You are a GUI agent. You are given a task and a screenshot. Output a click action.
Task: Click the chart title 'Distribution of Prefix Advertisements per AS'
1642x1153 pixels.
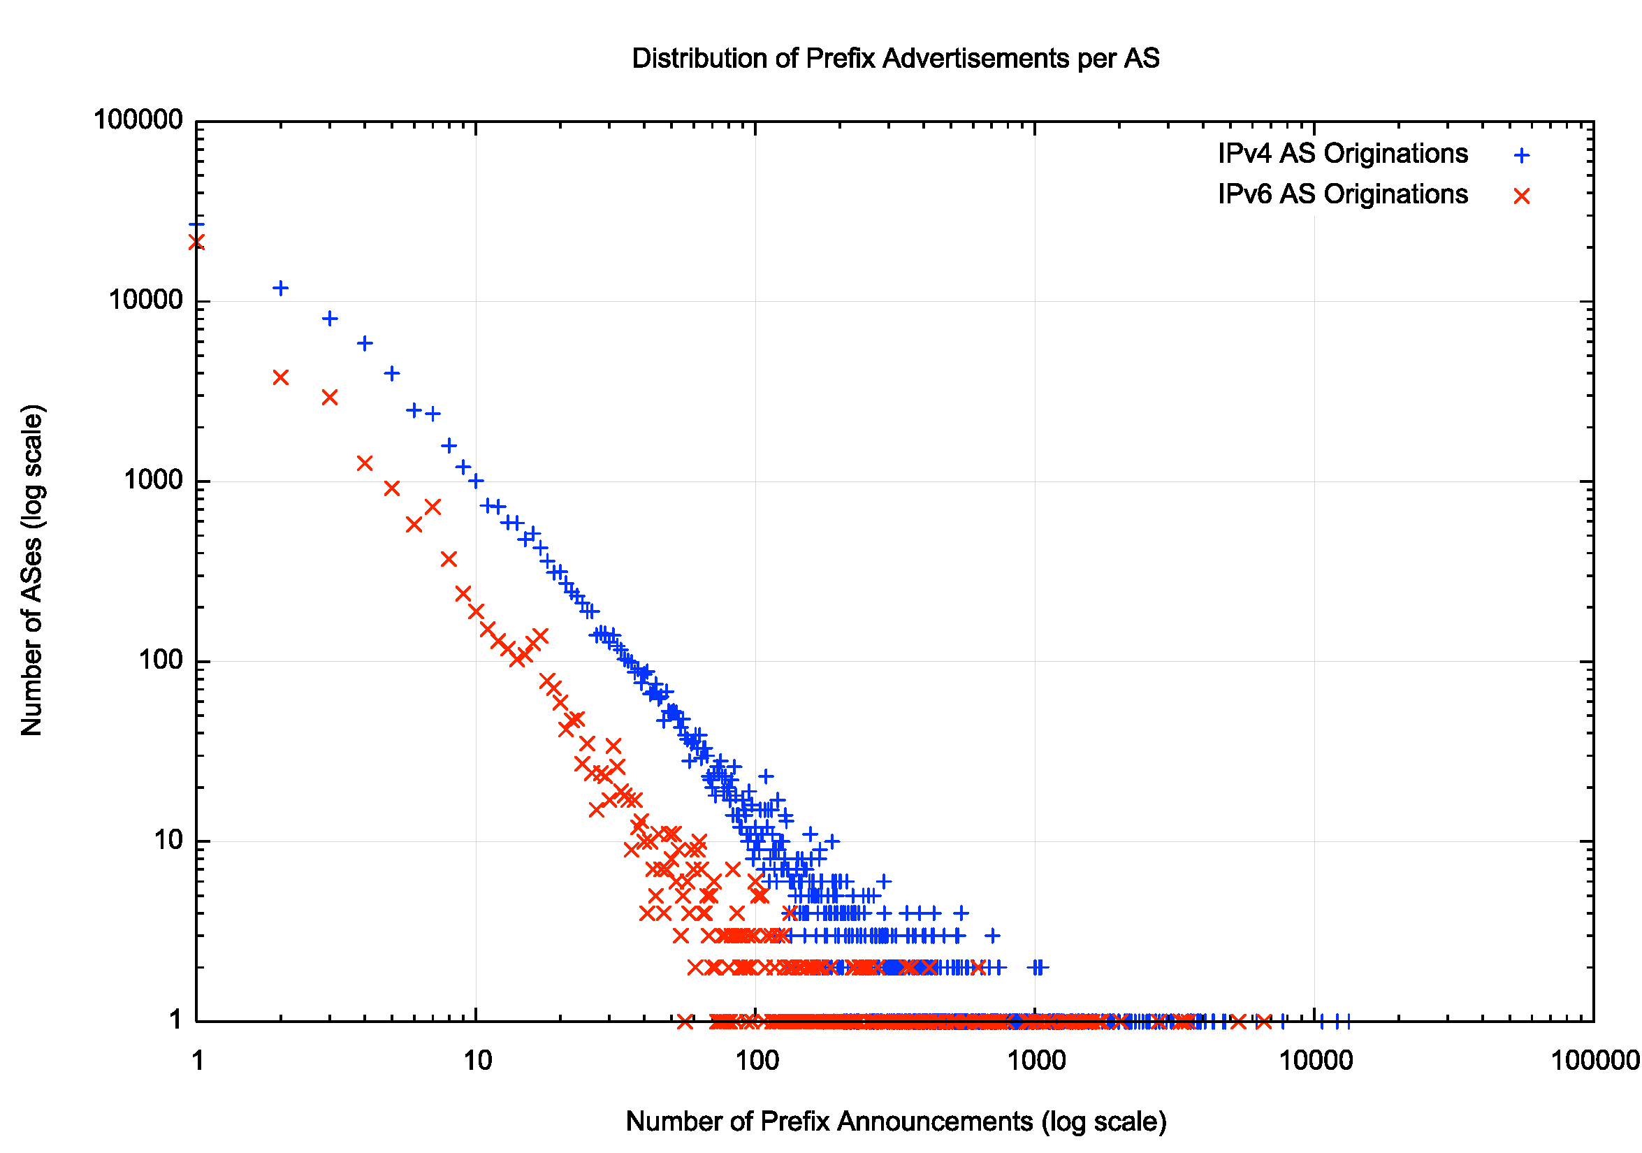[x=894, y=59]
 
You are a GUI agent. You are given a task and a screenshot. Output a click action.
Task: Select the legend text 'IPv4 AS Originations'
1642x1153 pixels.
[x=1342, y=154]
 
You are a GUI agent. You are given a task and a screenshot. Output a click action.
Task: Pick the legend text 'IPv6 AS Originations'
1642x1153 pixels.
[x=1342, y=194]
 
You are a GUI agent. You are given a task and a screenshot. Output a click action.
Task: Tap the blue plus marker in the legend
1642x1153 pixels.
[x=1521, y=155]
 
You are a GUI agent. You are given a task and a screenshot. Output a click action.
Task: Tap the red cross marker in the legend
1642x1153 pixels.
[x=1521, y=196]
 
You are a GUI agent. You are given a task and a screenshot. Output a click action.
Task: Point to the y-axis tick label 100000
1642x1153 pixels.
[x=139, y=120]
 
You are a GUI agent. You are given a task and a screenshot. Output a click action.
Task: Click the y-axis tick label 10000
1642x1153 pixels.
[x=146, y=300]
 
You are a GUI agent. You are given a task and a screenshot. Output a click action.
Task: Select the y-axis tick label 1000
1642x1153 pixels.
[x=154, y=480]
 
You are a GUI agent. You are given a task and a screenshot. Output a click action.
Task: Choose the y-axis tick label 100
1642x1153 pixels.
[x=161, y=660]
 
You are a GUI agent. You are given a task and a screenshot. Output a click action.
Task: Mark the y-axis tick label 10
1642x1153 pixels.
[x=169, y=841]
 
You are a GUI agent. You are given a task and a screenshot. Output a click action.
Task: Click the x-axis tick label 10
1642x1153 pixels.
[x=477, y=1061]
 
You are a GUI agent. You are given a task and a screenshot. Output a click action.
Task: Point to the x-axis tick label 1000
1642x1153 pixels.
[x=1036, y=1061]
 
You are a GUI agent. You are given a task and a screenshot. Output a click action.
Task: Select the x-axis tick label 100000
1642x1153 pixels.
[x=1594, y=1061]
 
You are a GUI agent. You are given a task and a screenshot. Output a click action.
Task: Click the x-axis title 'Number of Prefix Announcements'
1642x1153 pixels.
[x=895, y=1122]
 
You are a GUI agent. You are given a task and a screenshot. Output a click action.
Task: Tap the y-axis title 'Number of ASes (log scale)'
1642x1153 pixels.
[x=32, y=570]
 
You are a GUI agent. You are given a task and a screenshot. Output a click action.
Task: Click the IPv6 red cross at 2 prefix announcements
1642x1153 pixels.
[x=280, y=377]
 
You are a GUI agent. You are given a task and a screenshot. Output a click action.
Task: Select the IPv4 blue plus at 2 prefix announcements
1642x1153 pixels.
[x=280, y=288]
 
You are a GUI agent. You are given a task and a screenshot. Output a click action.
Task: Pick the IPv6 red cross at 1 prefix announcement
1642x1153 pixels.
[x=196, y=242]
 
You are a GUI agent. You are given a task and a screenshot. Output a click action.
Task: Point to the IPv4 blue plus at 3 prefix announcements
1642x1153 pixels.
[x=330, y=318]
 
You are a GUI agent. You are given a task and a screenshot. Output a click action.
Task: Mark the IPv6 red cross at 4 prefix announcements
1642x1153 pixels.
[x=365, y=463]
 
